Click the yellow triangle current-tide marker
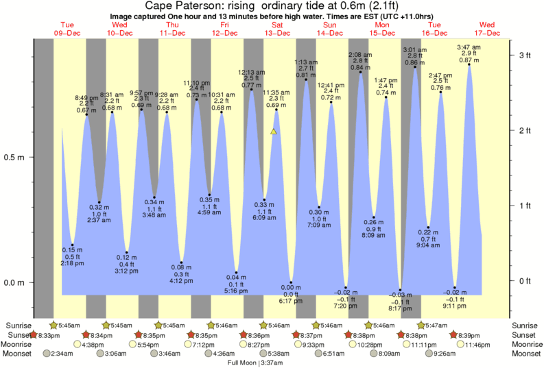274,131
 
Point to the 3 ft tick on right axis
525,54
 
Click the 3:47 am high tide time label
469,47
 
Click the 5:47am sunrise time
435,325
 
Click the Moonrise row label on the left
22,344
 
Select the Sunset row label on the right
525,334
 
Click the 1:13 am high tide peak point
306,80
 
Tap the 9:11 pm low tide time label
455,306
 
